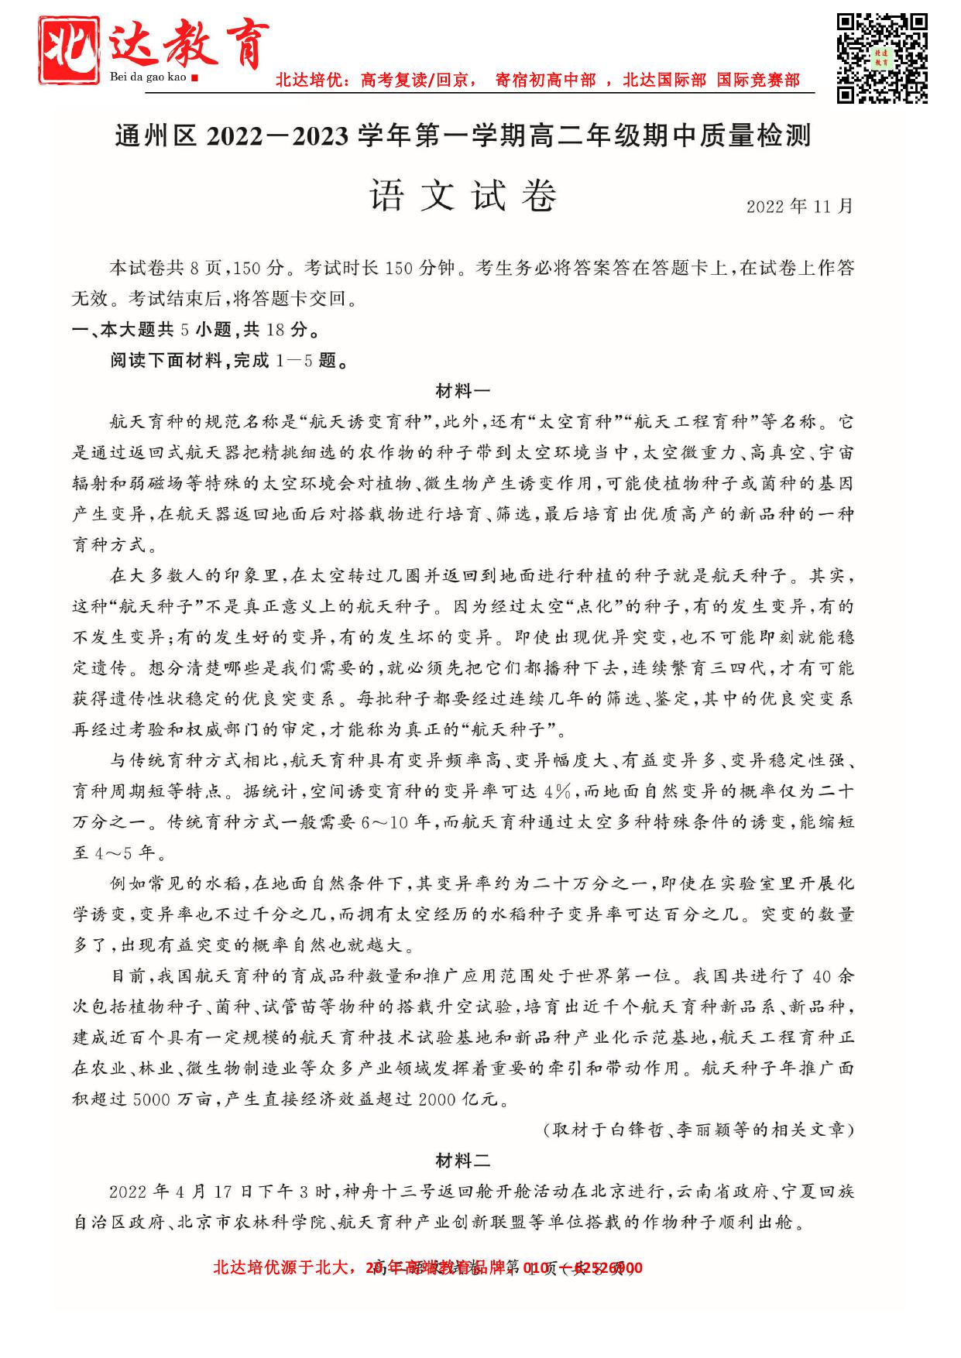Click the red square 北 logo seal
[x=70, y=50]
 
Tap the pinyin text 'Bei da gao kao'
[x=149, y=77]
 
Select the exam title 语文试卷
[x=463, y=197]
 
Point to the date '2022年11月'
[x=799, y=206]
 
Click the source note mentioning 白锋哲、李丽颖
[x=698, y=1130]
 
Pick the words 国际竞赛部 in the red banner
[x=757, y=81]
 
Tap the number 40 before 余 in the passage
[x=822, y=976]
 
